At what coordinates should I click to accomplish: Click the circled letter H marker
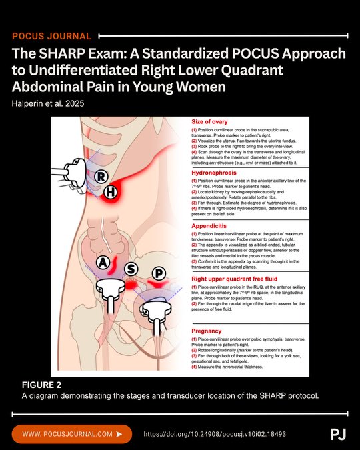[x=111, y=193]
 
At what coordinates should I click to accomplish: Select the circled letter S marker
[x=131, y=269]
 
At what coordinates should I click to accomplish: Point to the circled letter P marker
[x=159, y=275]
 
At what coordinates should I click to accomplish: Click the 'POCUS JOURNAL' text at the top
[x=51, y=35]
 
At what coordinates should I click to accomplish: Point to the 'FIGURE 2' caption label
[x=41, y=385]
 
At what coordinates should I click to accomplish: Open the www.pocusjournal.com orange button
[x=72, y=434]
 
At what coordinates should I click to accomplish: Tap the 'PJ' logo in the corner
[x=338, y=434]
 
